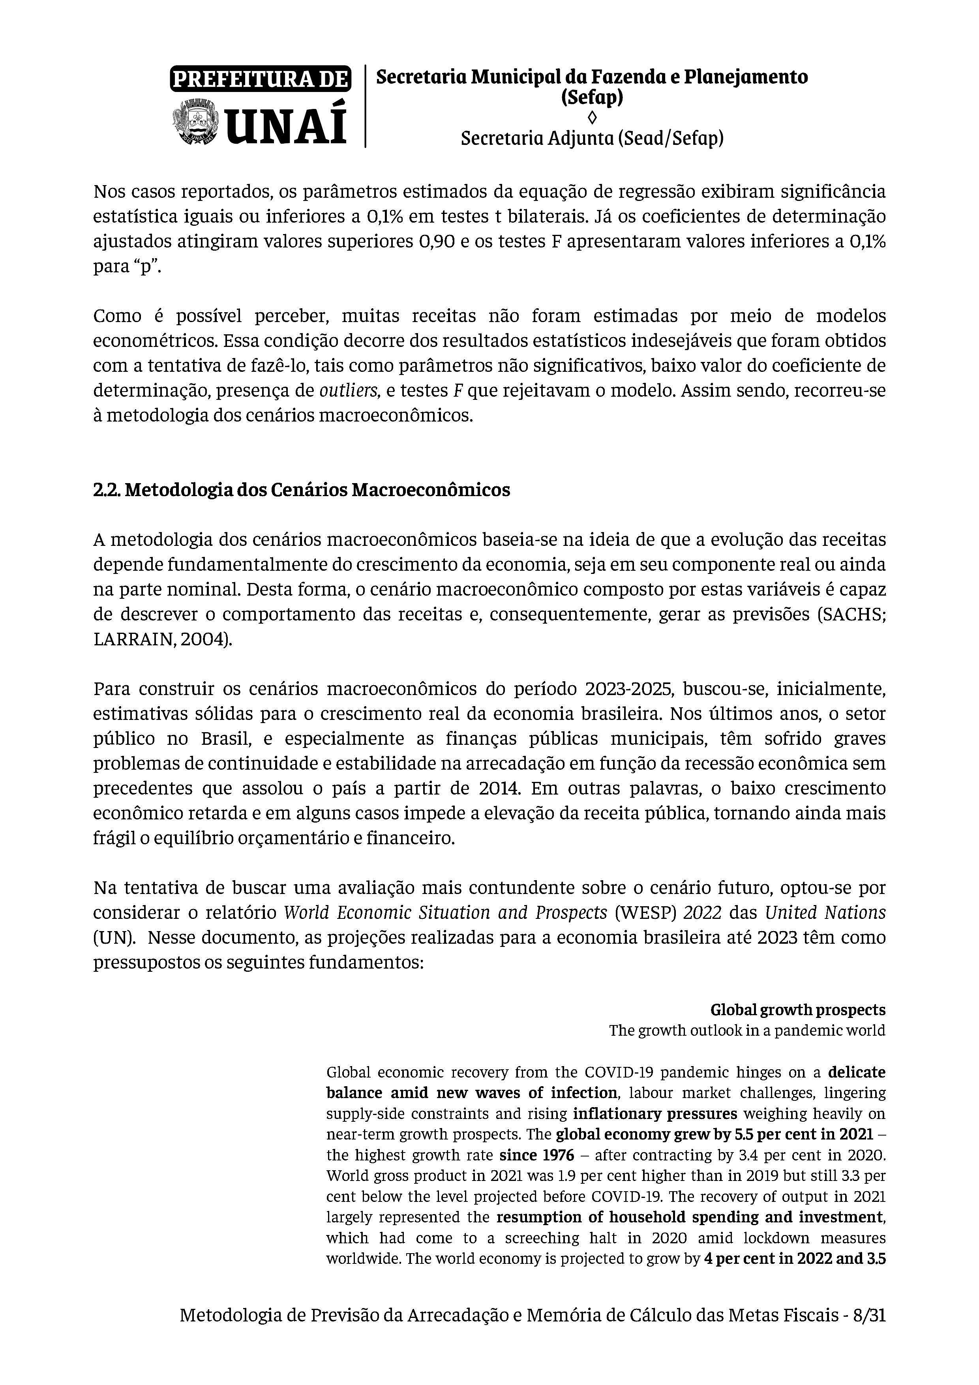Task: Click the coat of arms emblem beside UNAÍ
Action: click(x=197, y=122)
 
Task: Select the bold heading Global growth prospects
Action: click(x=797, y=1010)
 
